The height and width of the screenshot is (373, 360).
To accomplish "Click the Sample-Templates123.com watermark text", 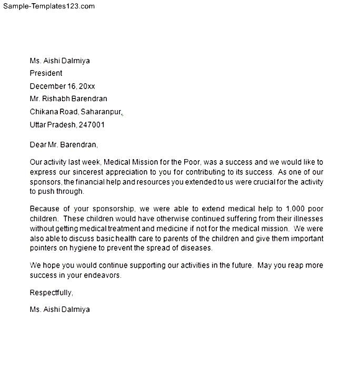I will point(49,6).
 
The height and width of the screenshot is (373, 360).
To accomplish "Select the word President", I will point(46,73).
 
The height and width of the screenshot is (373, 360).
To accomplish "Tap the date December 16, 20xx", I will point(62,86).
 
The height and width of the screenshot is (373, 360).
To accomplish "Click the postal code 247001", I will point(92,125).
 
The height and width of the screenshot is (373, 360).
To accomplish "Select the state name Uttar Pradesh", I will point(53,125).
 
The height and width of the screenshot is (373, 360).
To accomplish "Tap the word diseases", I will point(195,248).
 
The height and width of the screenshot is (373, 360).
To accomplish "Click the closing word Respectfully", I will point(51,292).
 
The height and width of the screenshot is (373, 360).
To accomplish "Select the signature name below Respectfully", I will point(59,309).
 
